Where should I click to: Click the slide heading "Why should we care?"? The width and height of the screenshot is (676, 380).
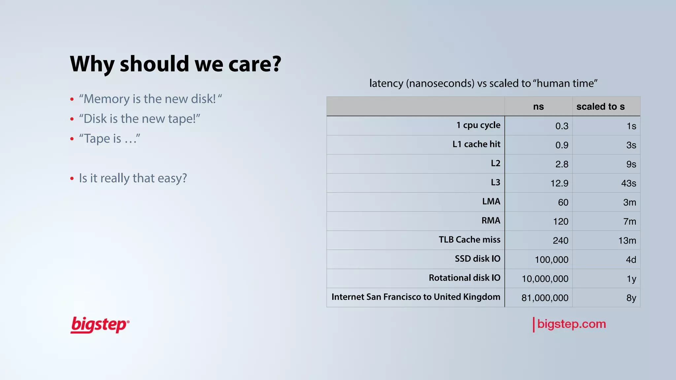click(176, 64)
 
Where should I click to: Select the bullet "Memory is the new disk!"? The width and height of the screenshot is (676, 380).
click(150, 99)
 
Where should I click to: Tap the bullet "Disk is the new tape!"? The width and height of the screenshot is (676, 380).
click(139, 119)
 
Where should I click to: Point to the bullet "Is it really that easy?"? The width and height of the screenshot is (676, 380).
click(133, 178)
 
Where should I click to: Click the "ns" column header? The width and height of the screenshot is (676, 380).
click(538, 107)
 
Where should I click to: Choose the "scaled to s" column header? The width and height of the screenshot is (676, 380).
click(600, 107)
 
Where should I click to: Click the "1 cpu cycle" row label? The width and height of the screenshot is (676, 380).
click(478, 125)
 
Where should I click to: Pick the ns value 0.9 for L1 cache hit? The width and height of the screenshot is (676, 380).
click(562, 145)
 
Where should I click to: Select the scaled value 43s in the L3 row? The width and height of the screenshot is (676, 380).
click(628, 183)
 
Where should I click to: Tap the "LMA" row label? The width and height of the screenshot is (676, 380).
click(491, 202)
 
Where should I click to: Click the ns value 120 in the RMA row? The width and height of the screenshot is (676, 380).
click(560, 222)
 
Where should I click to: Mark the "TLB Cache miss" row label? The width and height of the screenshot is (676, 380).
click(469, 240)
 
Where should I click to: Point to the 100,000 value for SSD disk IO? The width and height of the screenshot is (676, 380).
click(552, 260)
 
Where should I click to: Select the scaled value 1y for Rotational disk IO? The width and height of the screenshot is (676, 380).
click(631, 279)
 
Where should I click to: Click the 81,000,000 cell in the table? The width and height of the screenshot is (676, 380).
click(545, 298)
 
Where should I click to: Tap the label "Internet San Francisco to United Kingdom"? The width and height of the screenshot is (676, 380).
click(416, 297)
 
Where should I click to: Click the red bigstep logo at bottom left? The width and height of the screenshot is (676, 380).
click(100, 325)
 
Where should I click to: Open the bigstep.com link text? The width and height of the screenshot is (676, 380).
click(571, 324)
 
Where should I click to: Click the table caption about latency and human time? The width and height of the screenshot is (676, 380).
click(483, 83)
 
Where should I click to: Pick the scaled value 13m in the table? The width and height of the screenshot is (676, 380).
click(627, 241)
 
